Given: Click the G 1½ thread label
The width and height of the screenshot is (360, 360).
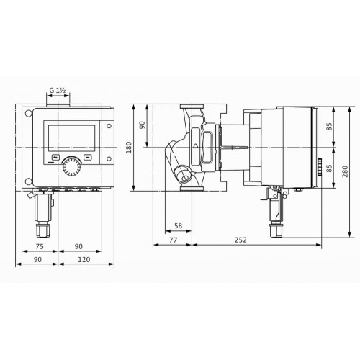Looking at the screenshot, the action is tap(58, 91).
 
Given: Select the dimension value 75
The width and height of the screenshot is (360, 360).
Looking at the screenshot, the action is tap(40, 246).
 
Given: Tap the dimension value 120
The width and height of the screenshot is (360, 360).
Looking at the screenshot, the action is tap(84, 259).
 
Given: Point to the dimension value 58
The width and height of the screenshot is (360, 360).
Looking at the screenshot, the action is tap(178, 225).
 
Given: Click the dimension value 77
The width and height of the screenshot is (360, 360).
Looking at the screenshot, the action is tap(174, 240).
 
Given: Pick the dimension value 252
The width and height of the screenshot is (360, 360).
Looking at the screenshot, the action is tap(240, 240).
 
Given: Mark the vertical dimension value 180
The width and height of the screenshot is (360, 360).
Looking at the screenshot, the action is tap(129, 148).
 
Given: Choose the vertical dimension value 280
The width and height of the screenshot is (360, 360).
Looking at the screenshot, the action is tap(345, 171).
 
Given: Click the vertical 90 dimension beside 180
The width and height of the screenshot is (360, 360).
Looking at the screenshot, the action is tap(143, 125).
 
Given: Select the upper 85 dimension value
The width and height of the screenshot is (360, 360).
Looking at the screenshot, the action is tap(330, 127).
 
